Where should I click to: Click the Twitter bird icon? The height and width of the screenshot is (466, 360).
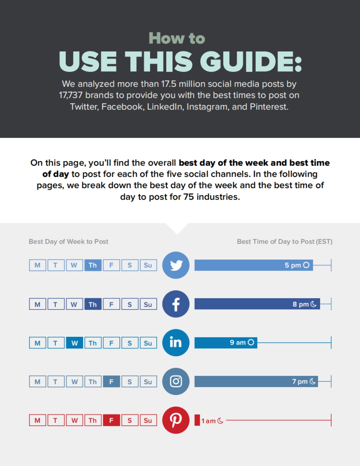(x=176, y=266)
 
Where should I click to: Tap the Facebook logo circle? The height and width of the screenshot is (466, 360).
(x=176, y=304)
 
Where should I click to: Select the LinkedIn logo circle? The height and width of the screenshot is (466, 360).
(x=176, y=343)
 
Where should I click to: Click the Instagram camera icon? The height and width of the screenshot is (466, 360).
(x=176, y=381)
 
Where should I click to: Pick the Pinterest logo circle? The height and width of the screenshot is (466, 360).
(x=176, y=420)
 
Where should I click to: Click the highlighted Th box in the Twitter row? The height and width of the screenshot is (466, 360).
(x=93, y=265)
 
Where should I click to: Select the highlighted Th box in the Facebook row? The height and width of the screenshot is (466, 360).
(x=93, y=304)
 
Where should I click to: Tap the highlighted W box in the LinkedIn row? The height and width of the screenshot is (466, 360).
(x=74, y=343)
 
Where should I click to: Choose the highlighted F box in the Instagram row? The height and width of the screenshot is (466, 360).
(x=111, y=381)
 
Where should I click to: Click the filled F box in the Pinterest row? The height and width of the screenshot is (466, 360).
(x=111, y=420)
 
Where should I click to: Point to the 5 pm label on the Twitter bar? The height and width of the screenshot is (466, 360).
(x=293, y=265)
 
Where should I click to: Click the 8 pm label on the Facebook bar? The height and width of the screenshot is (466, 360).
(x=301, y=304)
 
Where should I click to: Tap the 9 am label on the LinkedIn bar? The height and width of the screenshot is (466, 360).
(x=238, y=343)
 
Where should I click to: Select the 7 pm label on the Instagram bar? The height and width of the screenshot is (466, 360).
(x=300, y=381)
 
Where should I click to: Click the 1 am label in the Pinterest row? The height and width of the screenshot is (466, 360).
(x=208, y=421)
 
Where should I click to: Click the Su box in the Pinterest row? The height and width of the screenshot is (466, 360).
(x=148, y=420)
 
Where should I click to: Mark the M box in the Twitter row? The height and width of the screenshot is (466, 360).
(x=37, y=265)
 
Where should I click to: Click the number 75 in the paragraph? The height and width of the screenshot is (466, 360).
(x=188, y=197)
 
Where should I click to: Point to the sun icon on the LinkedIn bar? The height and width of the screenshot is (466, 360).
(x=251, y=342)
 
